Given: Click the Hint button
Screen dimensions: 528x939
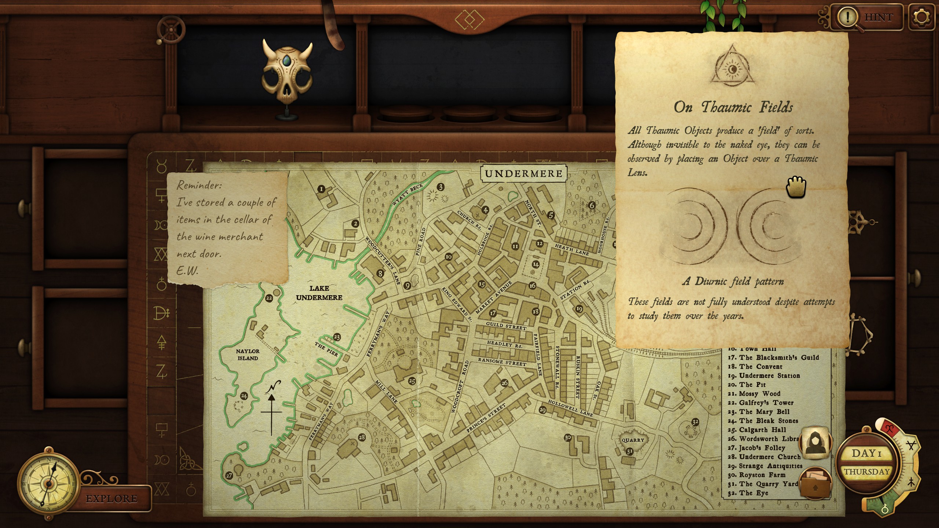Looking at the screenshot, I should (x=869, y=17).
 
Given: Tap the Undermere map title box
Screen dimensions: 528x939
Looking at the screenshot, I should (x=523, y=173).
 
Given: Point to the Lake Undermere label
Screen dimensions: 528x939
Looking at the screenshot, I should (x=319, y=293).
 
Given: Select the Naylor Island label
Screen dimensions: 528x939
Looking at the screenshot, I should (x=248, y=355).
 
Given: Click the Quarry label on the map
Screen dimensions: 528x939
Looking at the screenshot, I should (x=633, y=440).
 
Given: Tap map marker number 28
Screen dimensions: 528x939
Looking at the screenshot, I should (x=362, y=437).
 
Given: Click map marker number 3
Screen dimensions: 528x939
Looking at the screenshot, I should (x=441, y=187).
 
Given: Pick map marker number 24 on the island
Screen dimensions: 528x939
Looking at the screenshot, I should (x=244, y=396).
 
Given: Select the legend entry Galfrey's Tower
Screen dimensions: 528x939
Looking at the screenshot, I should (x=766, y=403).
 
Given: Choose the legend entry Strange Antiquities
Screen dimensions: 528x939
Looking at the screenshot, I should (x=770, y=466).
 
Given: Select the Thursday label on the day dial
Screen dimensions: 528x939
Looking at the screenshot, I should (x=867, y=472).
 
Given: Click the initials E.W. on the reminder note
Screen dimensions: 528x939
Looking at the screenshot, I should (x=187, y=271).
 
